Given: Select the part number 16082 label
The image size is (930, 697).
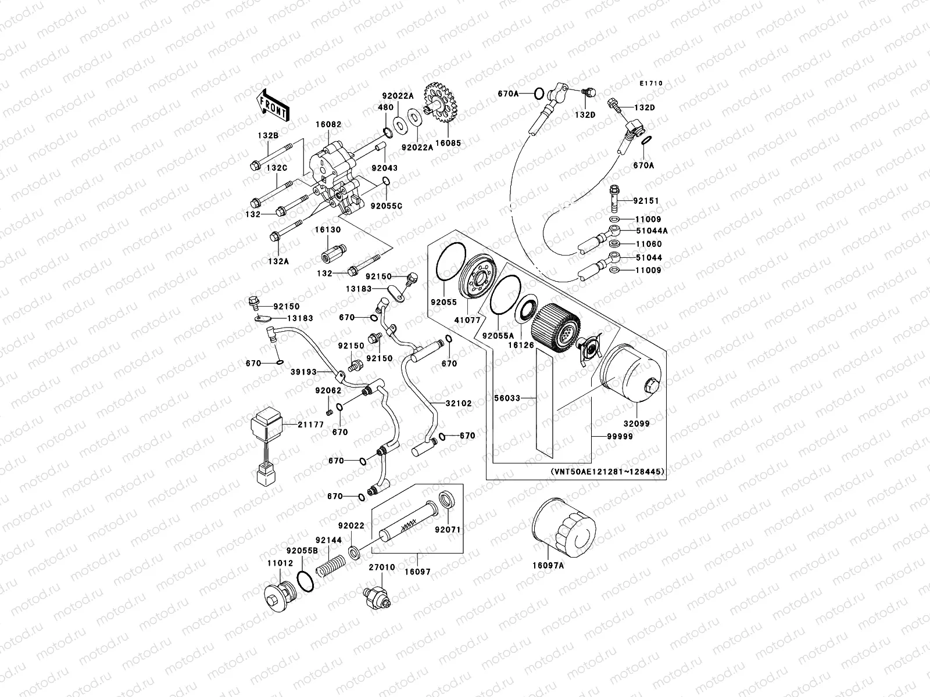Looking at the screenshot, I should [328, 124].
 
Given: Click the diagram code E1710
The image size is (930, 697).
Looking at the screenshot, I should [651, 84].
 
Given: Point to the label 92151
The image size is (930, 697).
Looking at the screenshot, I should [646, 201].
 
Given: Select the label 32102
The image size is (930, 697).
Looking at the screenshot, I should [459, 403].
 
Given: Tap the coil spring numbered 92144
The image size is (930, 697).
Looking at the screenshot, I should [332, 565].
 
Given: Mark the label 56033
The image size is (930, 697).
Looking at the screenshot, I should [507, 398].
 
